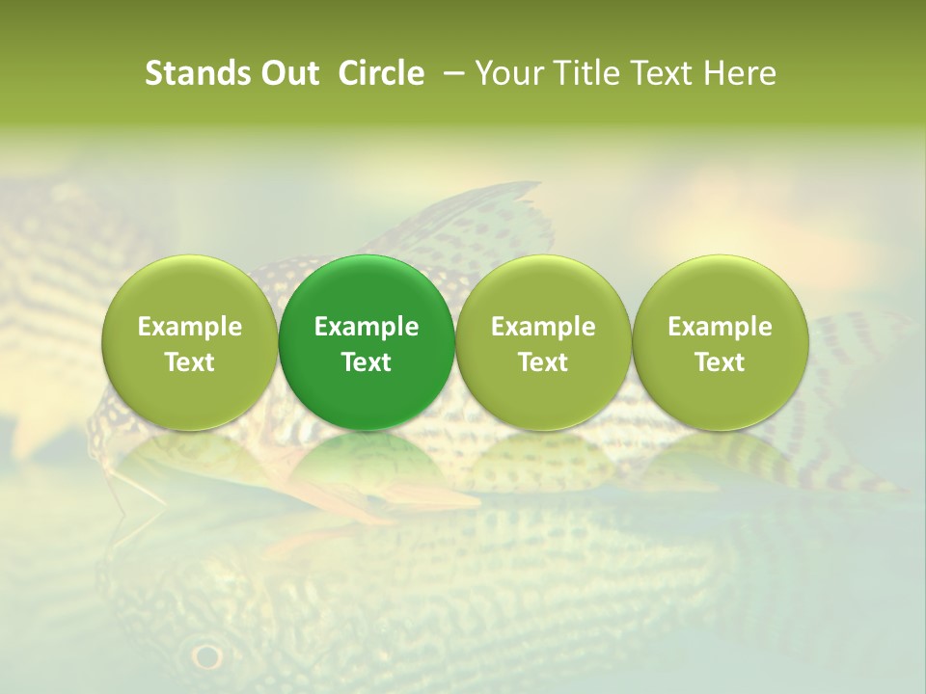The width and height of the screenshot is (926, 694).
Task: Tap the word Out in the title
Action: click(x=287, y=73)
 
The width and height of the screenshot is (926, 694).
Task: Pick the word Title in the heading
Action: click(x=583, y=73)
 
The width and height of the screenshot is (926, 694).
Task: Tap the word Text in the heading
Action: click(x=660, y=73)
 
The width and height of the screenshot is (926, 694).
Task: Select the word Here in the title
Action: click(x=741, y=73)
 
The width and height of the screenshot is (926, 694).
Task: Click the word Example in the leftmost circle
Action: click(x=189, y=327)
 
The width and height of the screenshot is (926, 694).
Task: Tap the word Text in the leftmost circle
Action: click(x=189, y=362)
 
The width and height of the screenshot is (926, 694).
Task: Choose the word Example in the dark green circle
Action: click(x=367, y=327)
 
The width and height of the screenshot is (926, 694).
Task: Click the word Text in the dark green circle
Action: click(x=367, y=362)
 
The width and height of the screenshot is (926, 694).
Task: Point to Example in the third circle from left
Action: click(x=543, y=327)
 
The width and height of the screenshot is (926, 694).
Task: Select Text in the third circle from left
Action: click(x=543, y=362)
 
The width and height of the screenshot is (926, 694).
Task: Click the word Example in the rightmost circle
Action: click(x=720, y=327)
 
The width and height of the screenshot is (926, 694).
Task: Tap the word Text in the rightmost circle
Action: click(x=720, y=362)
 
